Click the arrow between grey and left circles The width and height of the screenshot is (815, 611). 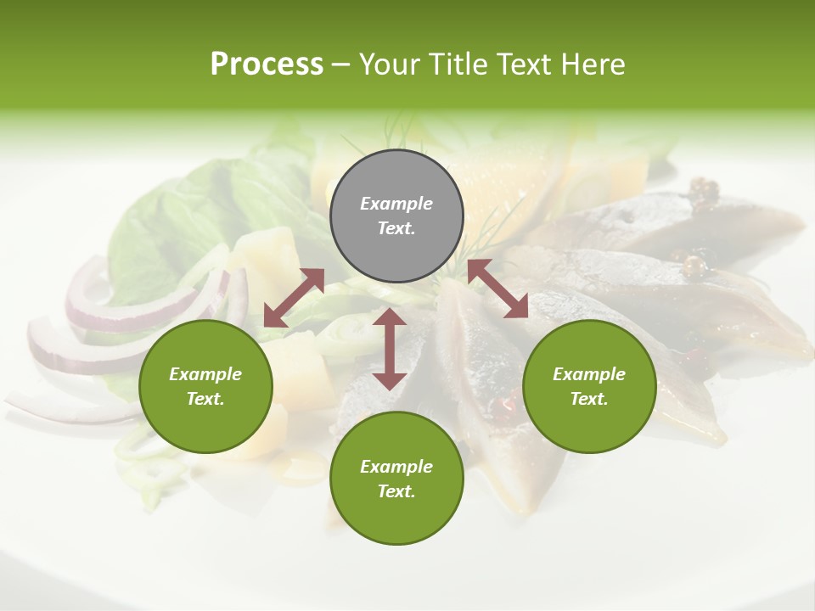pos(294,298)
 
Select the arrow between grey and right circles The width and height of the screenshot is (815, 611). pos(497,289)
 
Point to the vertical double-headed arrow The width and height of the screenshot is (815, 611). pos(390,349)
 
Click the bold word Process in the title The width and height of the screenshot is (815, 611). pos(267,64)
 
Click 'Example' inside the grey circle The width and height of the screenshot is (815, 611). pos(396,204)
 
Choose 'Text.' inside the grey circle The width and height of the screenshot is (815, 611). pos(396,228)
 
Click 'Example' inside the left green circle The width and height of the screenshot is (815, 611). pos(205,374)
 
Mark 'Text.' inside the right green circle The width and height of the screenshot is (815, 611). pos(589,399)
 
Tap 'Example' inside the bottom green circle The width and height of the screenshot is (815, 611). pos(396,467)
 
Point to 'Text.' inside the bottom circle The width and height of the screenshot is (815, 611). pos(396,491)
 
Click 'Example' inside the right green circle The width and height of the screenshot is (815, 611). pos(589,374)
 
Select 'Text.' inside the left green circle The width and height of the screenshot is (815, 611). pos(205,399)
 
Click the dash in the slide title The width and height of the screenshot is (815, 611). pos(341,64)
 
